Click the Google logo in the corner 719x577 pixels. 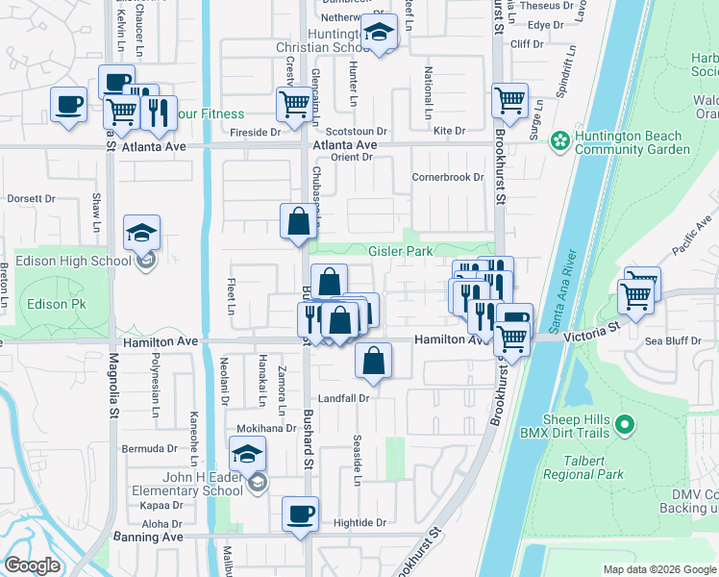[32, 565]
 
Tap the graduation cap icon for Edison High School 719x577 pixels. [141, 234]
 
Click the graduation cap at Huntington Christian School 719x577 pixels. [380, 34]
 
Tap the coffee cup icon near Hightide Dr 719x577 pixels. [300, 514]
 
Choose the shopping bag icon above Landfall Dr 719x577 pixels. [373, 362]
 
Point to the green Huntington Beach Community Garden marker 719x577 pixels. [559, 141]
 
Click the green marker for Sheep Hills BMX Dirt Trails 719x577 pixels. [624, 424]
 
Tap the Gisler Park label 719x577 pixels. [401, 251]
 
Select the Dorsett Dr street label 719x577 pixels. [31, 199]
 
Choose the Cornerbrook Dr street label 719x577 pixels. [447, 177]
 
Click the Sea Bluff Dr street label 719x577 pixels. [671, 340]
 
